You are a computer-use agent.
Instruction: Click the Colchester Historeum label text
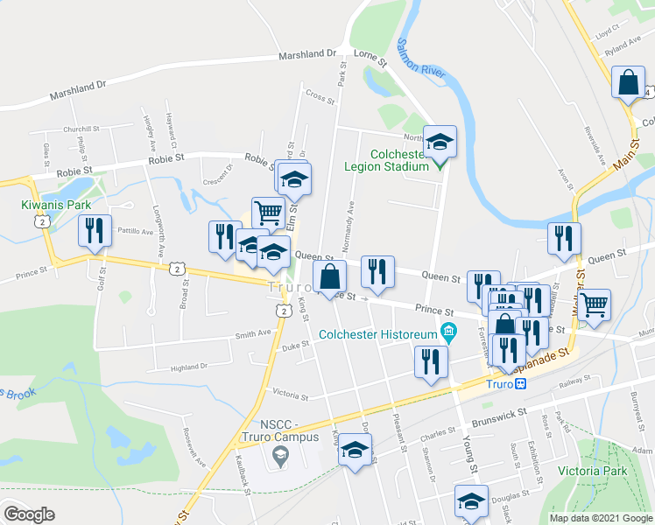(377, 333)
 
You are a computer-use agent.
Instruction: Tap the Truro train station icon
(521, 381)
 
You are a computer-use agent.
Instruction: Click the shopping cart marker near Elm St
(268, 212)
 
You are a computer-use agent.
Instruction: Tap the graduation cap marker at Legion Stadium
(440, 139)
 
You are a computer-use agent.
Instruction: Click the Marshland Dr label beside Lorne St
(307, 54)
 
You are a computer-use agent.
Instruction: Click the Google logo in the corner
(29, 514)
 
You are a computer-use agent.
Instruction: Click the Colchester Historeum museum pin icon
(450, 331)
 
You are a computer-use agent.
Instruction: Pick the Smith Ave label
(253, 333)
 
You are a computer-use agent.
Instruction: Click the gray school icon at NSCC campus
(279, 453)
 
